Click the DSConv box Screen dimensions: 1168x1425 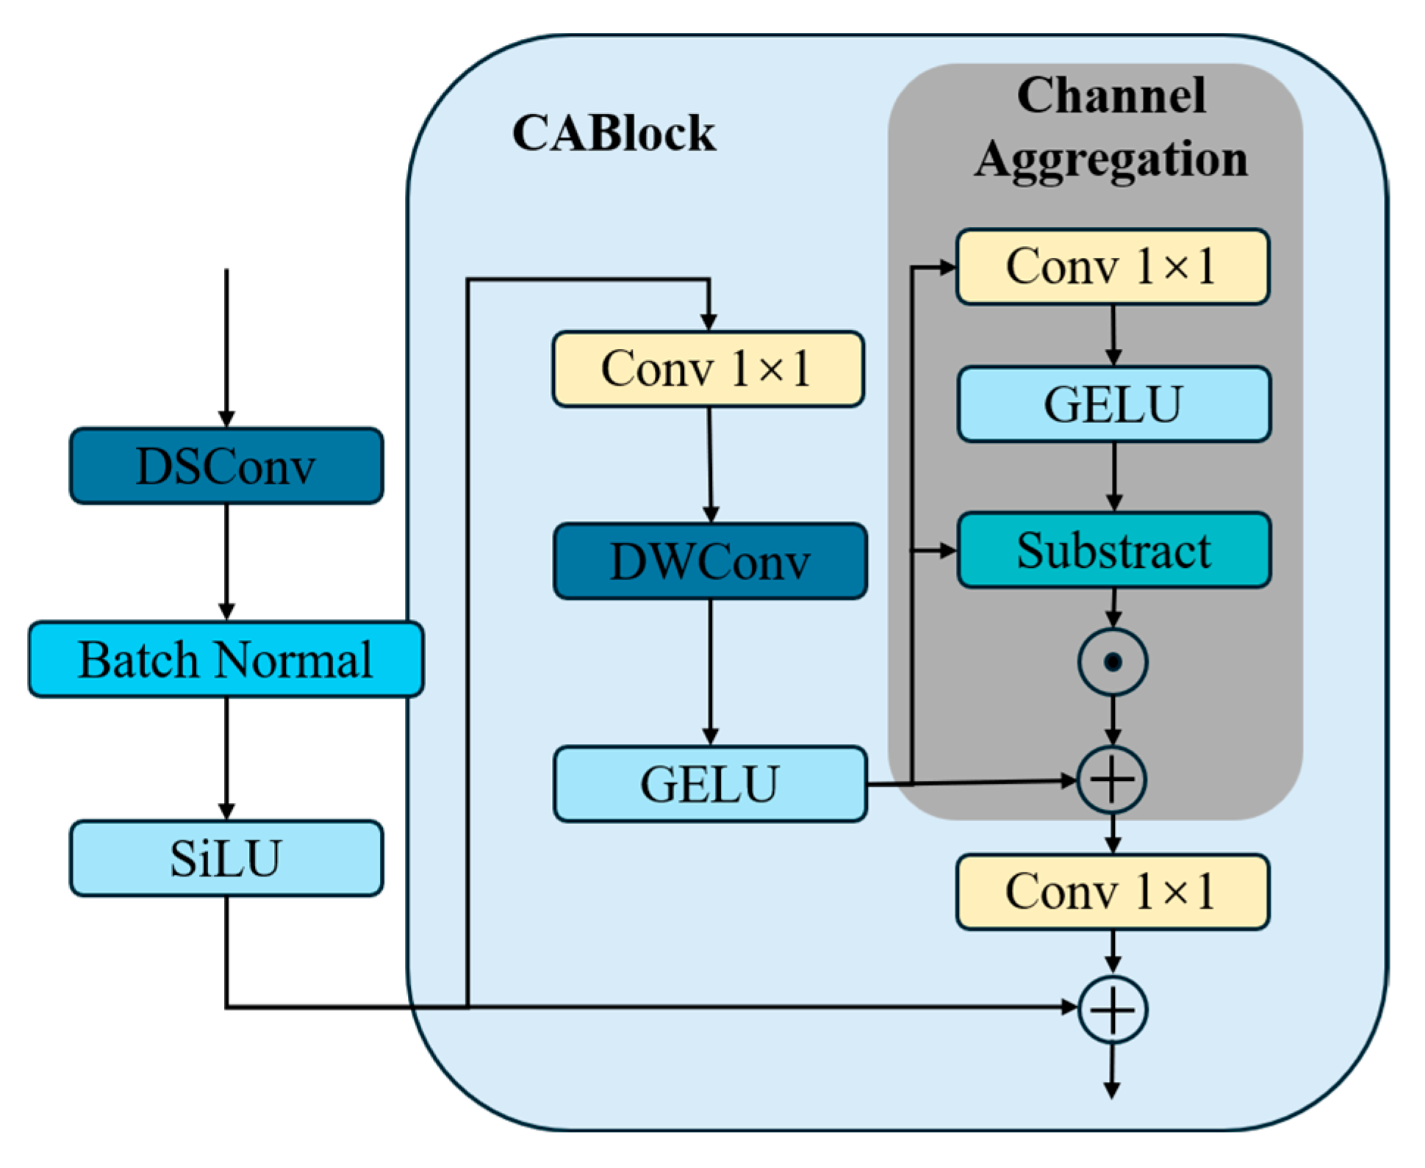coord(226,466)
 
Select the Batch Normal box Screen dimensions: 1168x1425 coord(226,659)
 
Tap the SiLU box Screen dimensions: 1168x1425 coord(226,857)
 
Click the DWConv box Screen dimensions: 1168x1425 coord(710,561)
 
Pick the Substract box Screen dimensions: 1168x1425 coord(1113,550)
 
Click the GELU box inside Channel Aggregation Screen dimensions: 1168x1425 coord(1113,404)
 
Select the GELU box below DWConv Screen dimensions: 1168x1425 coord(710,784)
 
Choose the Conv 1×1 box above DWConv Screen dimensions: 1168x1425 coord(708,369)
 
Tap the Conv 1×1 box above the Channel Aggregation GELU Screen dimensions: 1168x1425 coord(1112,266)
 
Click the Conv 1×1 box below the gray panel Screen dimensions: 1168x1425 coord(1112,892)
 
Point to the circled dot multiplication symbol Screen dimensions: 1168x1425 coord(1113,662)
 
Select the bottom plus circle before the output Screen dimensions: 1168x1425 coord(1113,1009)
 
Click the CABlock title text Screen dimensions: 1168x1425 coord(614,134)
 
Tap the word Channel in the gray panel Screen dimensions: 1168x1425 coord(1111,95)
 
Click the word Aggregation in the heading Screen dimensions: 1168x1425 coord(1111,159)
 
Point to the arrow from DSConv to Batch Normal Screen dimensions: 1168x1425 coord(226,562)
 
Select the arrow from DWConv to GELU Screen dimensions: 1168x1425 coord(710,672)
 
